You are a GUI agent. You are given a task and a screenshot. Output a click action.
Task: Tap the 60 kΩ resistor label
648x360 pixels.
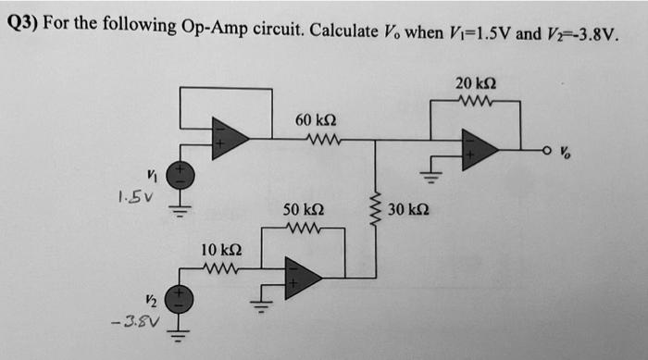click(x=316, y=122)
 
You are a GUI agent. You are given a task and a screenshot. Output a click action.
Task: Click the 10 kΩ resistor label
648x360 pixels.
click(x=222, y=251)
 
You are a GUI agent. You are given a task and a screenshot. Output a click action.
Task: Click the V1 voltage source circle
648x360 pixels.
click(x=181, y=171)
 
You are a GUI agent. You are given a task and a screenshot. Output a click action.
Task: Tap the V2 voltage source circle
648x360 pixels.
click(x=181, y=298)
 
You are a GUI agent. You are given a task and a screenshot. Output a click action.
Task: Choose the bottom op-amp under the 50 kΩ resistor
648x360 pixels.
click(x=302, y=275)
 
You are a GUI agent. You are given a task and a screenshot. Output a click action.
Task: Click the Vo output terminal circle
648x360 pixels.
click(x=547, y=149)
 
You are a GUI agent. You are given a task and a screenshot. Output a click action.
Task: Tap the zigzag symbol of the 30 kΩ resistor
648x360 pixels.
click(x=376, y=211)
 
